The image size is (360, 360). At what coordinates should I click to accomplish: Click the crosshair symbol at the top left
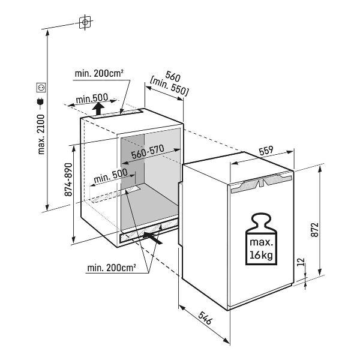pos(86,22)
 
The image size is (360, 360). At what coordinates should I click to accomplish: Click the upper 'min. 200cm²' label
pos(99,73)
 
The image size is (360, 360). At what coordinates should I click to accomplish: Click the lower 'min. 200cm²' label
pos(111,267)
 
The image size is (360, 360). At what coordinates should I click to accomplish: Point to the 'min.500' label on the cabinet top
pos(91,98)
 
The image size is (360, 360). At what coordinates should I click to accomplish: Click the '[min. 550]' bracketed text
pos(170,88)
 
